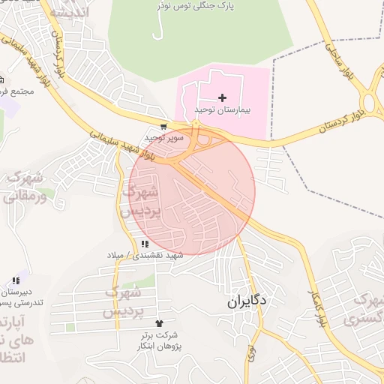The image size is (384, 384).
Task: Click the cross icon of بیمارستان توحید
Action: (222, 97)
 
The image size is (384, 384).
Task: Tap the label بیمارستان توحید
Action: (222, 110)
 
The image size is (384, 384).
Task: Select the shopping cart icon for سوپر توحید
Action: (163, 127)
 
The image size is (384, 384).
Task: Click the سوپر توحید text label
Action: (164, 139)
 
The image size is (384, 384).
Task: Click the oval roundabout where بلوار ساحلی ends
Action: (371, 102)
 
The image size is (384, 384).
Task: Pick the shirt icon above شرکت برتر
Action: (158, 322)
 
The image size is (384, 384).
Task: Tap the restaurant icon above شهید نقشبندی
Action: (144, 244)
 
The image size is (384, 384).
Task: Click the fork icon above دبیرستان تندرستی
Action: (16, 280)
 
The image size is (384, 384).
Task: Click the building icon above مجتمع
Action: (1, 79)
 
